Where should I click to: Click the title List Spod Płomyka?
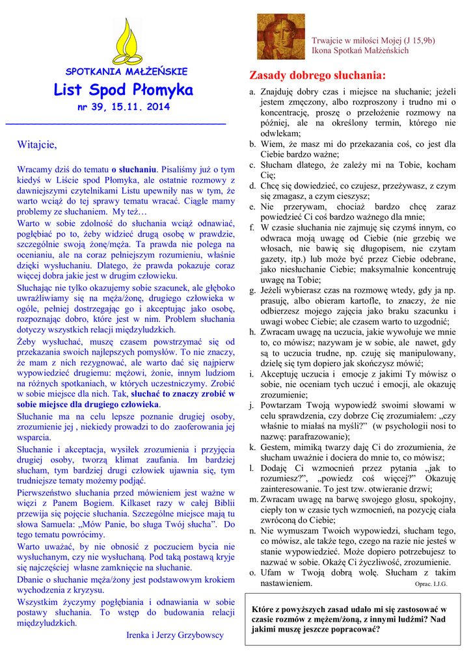pos(123,89)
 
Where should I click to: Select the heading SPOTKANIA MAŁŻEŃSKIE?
pos(126,72)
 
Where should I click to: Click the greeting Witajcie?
pos(37,144)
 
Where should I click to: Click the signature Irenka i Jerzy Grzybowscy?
pos(174,635)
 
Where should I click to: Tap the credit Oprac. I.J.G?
pos(431,584)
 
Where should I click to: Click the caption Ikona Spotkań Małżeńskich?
pos(360,50)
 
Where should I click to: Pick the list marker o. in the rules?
pos(252,572)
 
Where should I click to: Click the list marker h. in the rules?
pos(252,332)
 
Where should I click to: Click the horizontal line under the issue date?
pos(115,123)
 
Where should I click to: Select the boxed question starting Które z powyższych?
pos(349,620)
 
